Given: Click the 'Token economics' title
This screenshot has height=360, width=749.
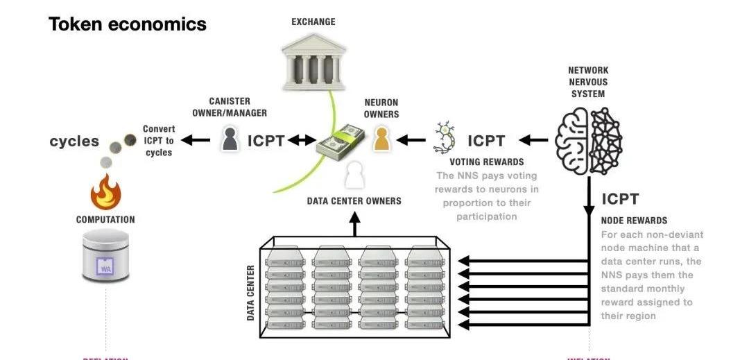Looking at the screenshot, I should (x=128, y=24).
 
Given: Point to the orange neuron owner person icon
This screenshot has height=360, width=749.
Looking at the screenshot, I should (x=381, y=138).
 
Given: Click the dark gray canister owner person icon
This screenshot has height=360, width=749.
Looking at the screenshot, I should (x=230, y=139).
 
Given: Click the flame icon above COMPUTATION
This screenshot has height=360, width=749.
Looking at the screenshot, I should (x=106, y=191).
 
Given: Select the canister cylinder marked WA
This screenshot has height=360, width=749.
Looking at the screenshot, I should (x=105, y=257).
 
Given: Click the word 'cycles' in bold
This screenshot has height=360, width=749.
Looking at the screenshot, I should (x=74, y=142).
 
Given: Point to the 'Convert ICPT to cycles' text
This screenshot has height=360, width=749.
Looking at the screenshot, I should (x=159, y=140).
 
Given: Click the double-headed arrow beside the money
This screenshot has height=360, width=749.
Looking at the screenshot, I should (x=302, y=141).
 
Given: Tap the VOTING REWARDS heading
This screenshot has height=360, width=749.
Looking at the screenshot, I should (x=486, y=162).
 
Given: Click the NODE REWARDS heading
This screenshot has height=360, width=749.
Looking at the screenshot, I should (x=634, y=221).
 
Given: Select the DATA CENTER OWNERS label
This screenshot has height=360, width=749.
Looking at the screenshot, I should (x=354, y=201).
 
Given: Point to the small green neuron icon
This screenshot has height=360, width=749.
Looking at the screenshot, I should (x=445, y=138).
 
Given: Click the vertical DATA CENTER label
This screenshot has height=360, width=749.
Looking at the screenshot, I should (x=251, y=292).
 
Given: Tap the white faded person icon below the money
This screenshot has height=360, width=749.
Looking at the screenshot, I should (x=355, y=174).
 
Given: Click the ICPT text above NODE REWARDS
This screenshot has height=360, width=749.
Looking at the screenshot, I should (x=620, y=199).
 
